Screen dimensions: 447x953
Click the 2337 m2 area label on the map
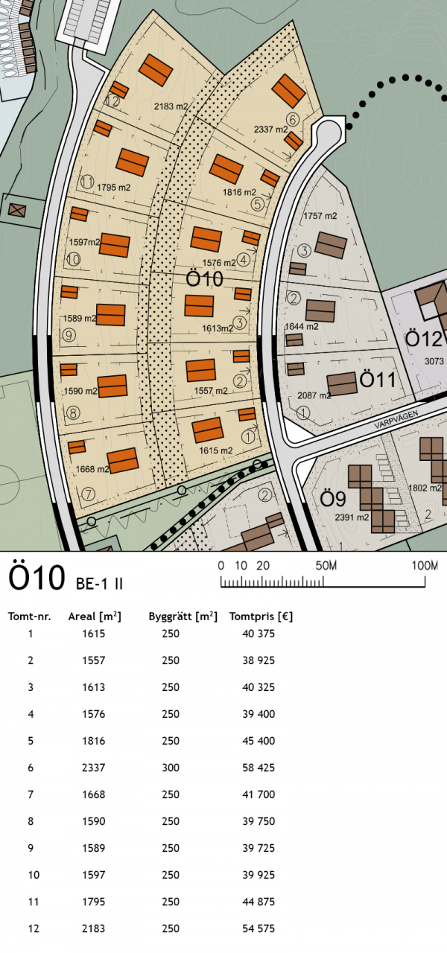[x=270, y=129]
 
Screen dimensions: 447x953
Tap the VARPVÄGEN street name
[x=396, y=419]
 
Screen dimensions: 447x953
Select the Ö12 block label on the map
[x=424, y=339]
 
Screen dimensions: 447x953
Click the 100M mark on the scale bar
[x=425, y=565]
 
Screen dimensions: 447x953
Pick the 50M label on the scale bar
[x=326, y=565]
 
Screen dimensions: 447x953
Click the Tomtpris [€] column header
[x=261, y=616]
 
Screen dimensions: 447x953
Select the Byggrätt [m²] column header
[x=183, y=616]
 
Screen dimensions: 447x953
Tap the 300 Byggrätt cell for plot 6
[x=171, y=768]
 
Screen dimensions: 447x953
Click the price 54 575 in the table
[x=259, y=928]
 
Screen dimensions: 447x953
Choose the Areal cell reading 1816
[x=94, y=741]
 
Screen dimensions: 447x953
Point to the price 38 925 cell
[x=259, y=660]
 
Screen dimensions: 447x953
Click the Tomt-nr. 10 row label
[x=34, y=875]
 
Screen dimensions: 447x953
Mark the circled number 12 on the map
[x=112, y=101]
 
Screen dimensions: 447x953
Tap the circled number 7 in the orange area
[x=88, y=494]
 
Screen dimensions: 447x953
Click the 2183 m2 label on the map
[x=171, y=106]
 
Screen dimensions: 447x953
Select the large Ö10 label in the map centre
[x=205, y=279]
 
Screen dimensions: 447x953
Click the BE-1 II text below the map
[x=99, y=584]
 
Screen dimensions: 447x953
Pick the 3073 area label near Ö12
[x=434, y=361]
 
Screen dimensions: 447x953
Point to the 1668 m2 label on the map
[x=92, y=469]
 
